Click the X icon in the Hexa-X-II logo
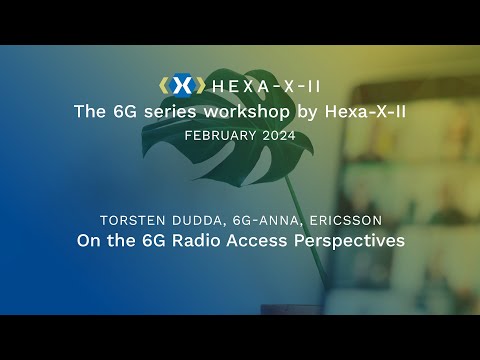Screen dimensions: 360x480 click(x=181, y=86)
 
